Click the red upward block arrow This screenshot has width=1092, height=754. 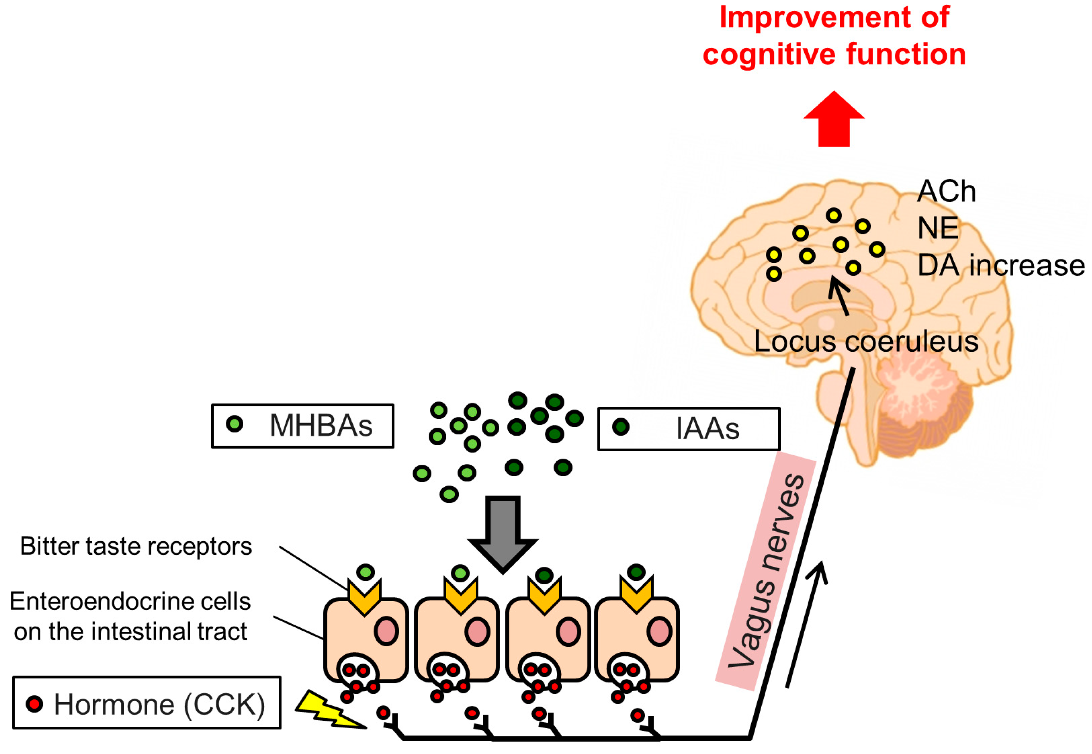[834, 120]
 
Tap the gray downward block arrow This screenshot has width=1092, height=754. [503, 534]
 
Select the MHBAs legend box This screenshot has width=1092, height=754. [302, 426]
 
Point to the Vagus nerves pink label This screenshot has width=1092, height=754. [766, 572]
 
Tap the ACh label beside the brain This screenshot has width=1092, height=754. [946, 192]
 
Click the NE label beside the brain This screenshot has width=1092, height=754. [938, 229]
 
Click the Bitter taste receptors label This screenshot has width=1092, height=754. [136, 547]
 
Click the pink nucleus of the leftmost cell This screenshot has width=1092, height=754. [386, 631]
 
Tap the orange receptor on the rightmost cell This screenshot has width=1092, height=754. [636, 595]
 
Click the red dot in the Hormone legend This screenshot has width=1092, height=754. [34, 704]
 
